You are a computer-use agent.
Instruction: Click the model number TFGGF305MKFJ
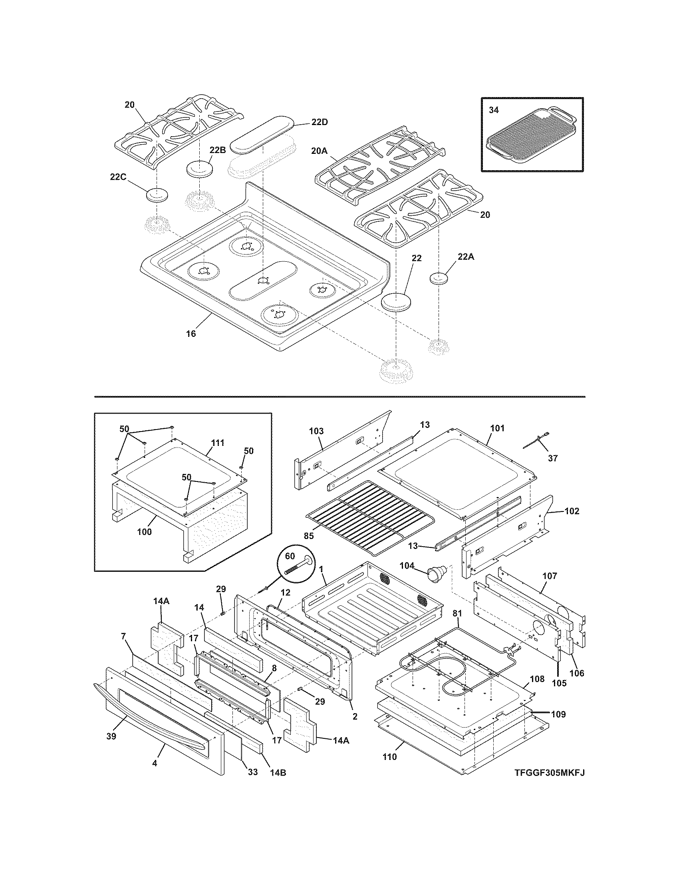pos(549,784)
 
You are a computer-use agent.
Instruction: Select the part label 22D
pos(320,122)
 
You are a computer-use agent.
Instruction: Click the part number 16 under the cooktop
pos(191,333)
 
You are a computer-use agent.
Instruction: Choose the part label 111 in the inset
pos(217,443)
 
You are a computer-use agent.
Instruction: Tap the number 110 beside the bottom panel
pos(389,757)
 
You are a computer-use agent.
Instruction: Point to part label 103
pos(316,431)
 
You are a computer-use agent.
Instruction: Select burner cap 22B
pos(200,168)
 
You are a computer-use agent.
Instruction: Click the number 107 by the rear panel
pos(550,576)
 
